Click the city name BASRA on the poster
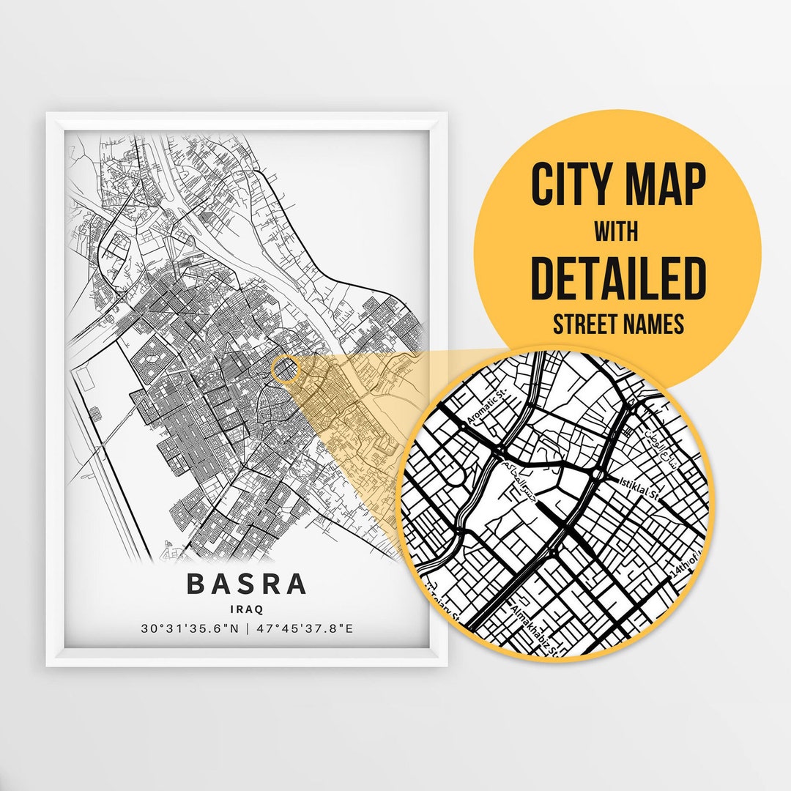(246, 584)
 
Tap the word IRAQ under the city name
(246, 608)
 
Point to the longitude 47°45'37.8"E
(303, 628)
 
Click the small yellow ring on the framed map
(286, 370)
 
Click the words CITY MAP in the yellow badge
(618, 185)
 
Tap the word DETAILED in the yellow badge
(618, 278)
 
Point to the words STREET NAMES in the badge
(617, 323)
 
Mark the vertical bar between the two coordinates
(247, 628)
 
